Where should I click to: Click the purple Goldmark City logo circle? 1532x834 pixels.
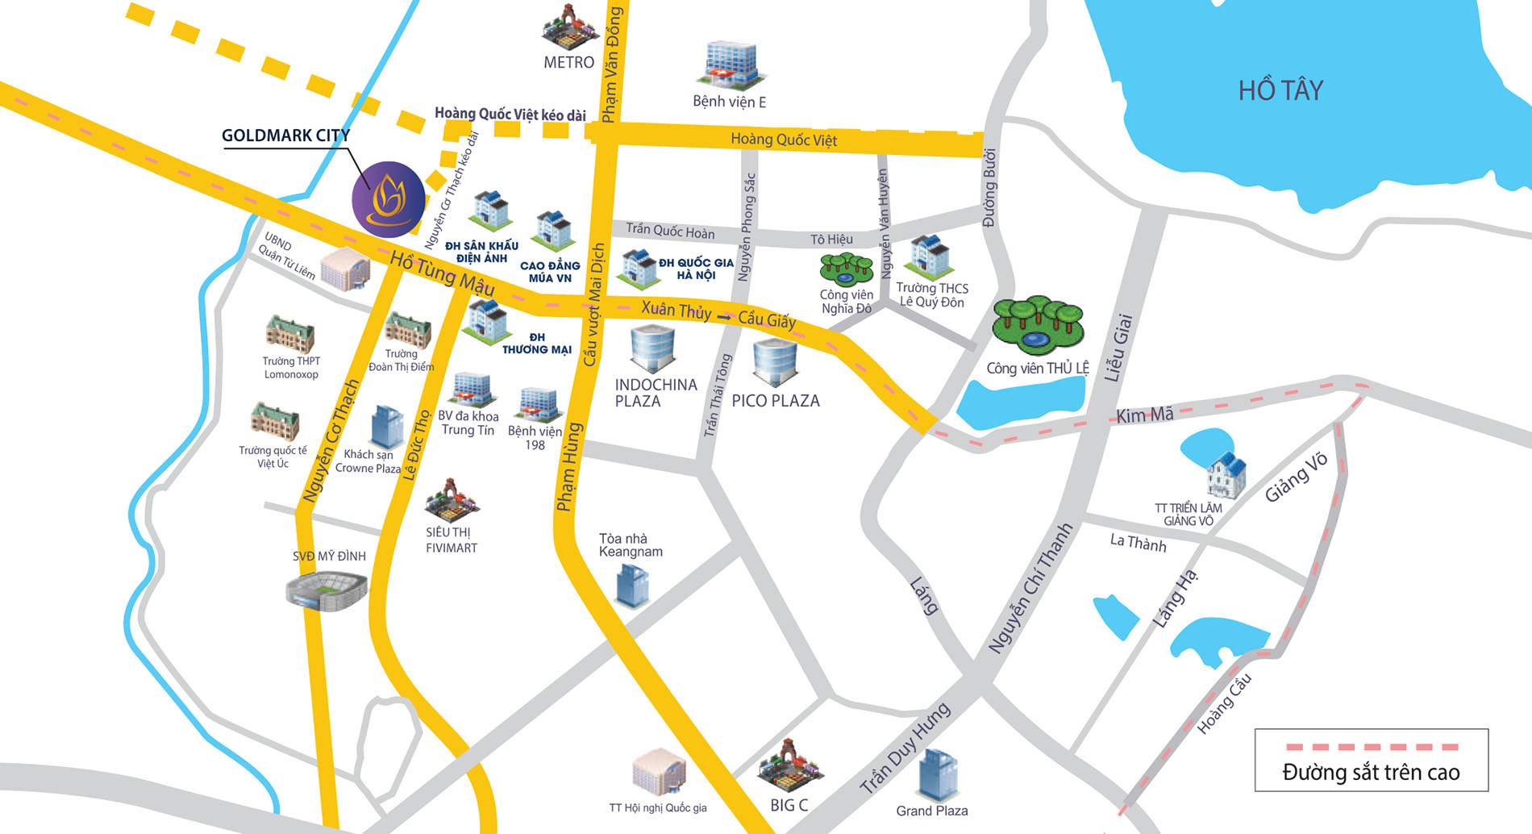point(389,199)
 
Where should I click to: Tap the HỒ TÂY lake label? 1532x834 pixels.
point(1280,90)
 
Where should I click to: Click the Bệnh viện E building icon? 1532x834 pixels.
point(731,65)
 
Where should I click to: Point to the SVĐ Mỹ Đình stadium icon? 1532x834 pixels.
point(327,590)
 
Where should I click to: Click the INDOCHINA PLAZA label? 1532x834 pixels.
point(655,393)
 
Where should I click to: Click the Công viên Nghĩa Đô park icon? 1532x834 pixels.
point(846,269)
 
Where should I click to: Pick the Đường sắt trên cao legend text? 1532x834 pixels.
point(1371,773)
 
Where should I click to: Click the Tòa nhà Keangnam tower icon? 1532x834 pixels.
point(632,585)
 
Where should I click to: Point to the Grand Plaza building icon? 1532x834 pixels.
point(938,774)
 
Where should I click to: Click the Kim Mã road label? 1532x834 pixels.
point(1144,415)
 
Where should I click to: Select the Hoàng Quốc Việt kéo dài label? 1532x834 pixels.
point(510,114)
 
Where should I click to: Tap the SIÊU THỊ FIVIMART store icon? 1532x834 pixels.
point(452,499)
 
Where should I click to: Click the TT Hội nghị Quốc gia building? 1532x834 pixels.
point(659,771)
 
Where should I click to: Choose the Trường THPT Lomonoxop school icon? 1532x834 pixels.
point(290,335)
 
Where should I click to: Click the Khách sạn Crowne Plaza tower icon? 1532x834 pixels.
point(387,427)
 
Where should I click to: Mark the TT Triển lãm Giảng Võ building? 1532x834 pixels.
point(1226,476)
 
